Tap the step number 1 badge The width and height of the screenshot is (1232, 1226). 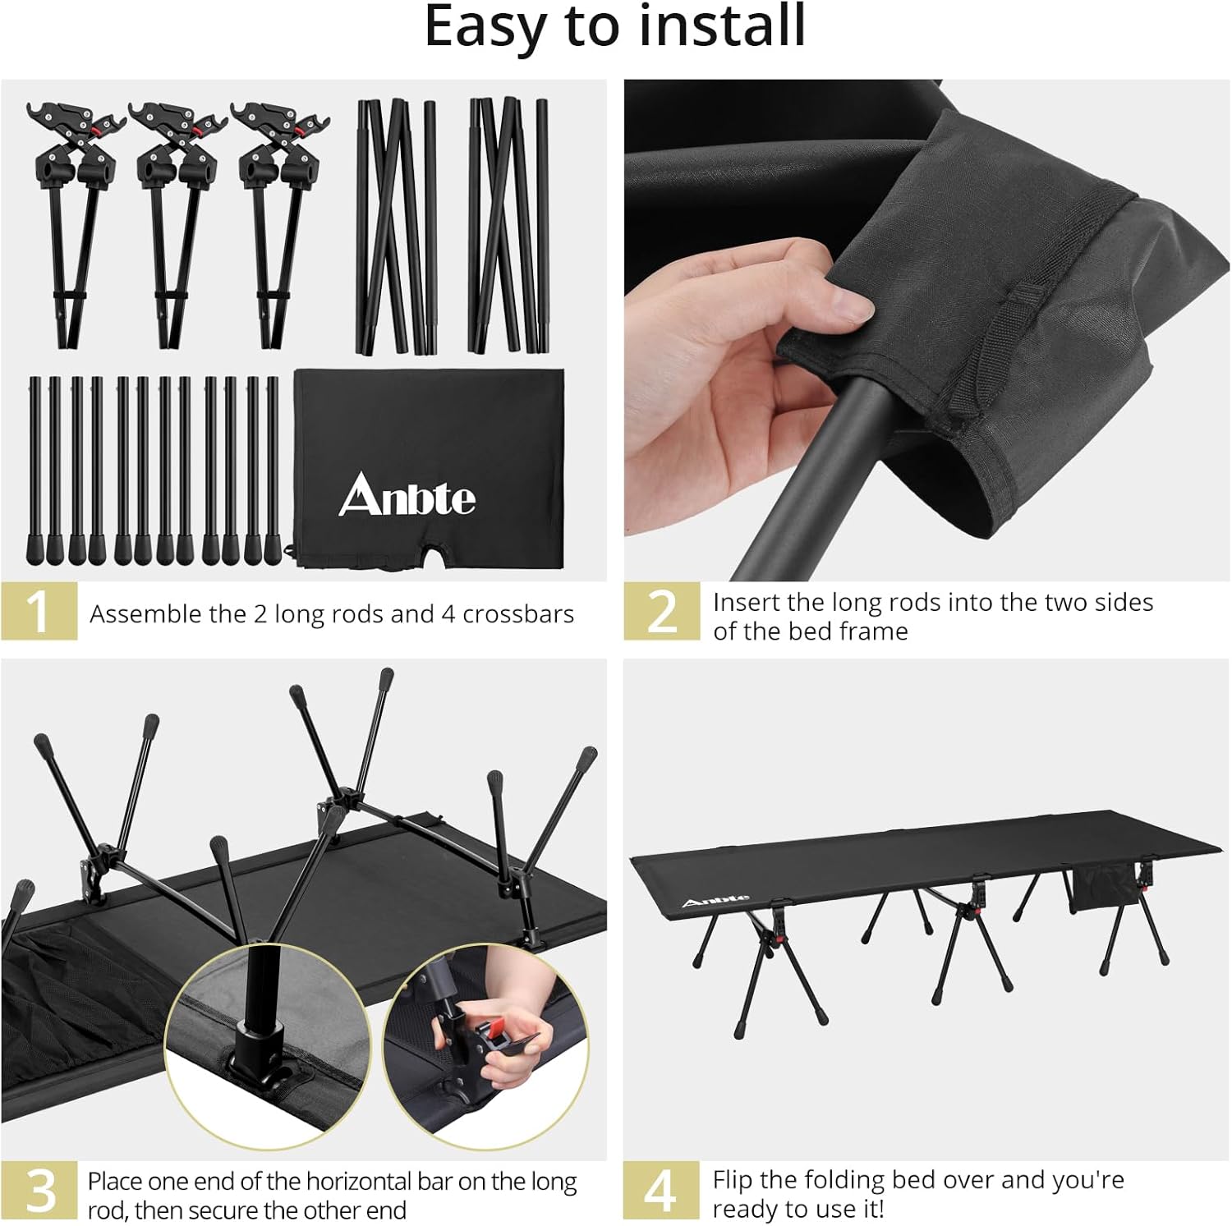39,611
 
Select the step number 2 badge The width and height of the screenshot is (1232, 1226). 662,611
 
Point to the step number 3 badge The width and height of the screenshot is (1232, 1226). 39,1190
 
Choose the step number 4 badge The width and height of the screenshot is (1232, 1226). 660,1190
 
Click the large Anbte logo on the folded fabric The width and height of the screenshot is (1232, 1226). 407,495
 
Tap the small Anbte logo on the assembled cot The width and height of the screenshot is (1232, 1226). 715,901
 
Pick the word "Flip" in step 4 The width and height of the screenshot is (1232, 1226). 732,1180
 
